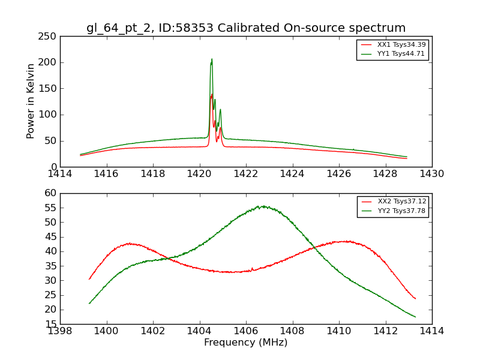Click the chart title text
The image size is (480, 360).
click(246, 28)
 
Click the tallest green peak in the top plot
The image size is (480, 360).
click(211, 59)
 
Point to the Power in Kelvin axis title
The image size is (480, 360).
click(31, 101)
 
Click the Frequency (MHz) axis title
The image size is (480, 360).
click(246, 343)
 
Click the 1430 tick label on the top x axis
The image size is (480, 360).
click(432, 174)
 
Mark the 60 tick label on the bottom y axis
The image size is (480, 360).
click(50, 193)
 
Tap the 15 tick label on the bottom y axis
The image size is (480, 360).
click(50, 324)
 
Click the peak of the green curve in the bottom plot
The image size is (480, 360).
click(262, 206)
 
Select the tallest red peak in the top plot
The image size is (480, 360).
click(211, 94)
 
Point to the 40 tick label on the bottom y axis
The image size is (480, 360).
click(50, 251)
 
